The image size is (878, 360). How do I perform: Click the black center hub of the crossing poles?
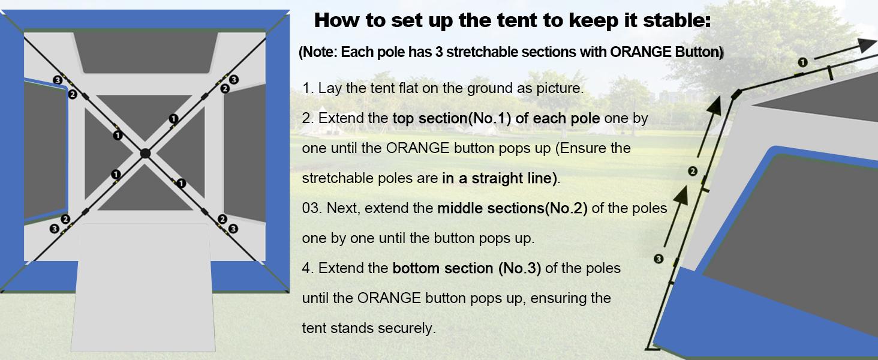[x=145, y=153]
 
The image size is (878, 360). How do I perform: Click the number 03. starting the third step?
[x=312, y=208]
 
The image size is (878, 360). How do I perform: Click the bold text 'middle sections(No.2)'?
[x=512, y=208]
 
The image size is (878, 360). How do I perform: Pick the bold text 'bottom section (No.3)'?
[x=467, y=268]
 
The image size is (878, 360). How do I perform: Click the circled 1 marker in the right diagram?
[x=803, y=62]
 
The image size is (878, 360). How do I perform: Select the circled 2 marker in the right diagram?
[x=693, y=172]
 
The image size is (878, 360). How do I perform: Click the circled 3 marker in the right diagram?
[x=659, y=259]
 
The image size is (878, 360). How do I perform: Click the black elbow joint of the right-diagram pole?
[x=736, y=94]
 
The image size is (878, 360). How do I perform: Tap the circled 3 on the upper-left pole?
[x=58, y=80]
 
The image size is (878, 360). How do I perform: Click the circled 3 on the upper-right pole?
[x=234, y=80]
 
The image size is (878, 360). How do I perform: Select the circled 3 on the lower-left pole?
[x=55, y=228]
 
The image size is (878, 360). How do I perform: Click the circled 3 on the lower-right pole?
[x=233, y=228]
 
